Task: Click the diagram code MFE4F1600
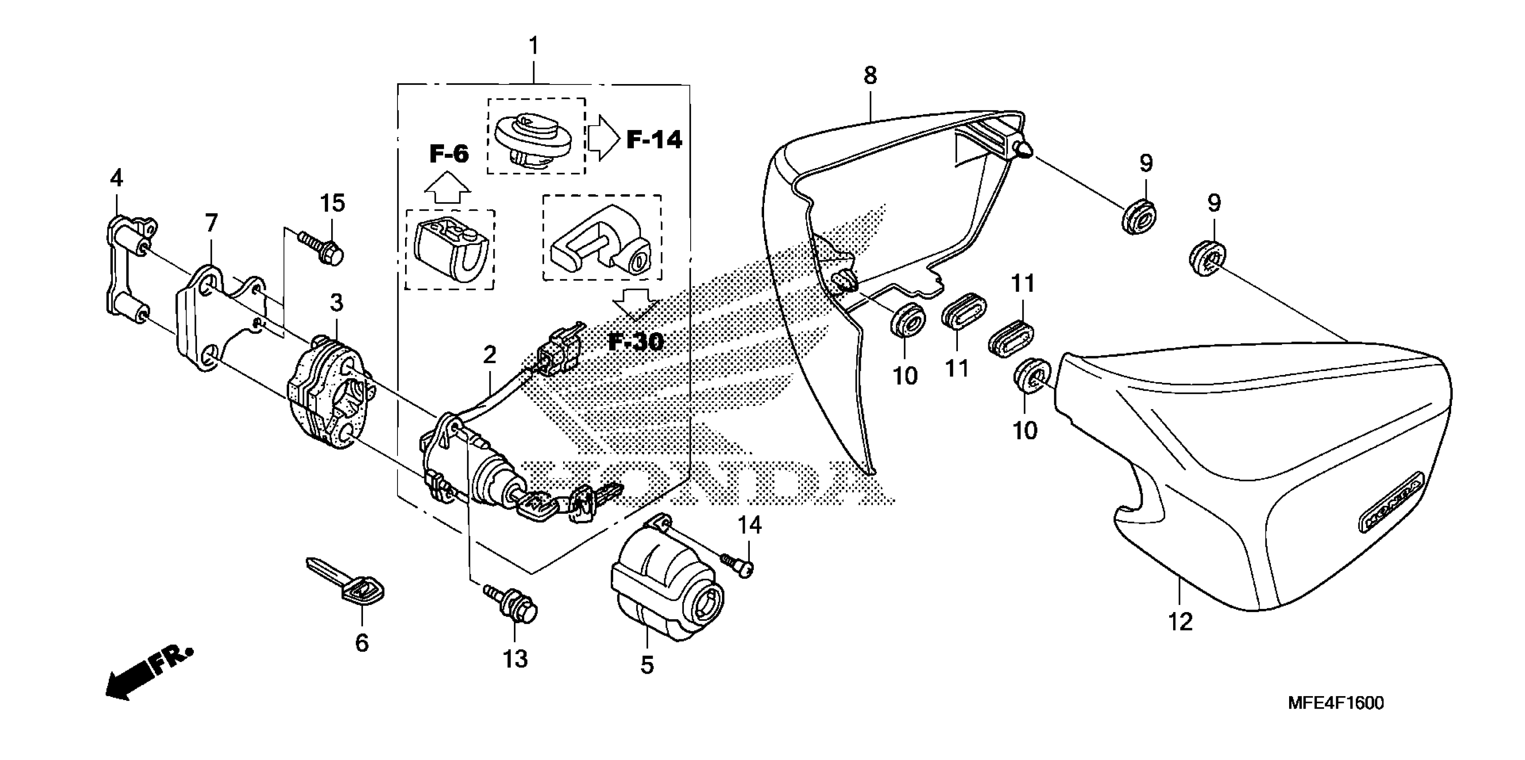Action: click(1336, 703)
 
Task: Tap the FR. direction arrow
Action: click(148, 674)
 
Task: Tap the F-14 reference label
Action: click(654, 140)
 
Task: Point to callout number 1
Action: click(534, 46)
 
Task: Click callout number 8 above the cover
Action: click(870, 75)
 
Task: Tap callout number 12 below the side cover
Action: click(1180, 621)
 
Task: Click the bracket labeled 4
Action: click(128, 269)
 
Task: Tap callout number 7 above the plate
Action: click(211, 223)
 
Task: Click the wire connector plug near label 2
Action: click(556, 350)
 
